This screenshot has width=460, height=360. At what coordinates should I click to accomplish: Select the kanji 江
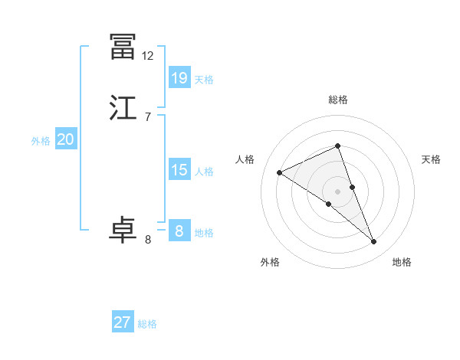(x=123, y=108)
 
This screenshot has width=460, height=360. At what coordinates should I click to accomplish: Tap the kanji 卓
(x=123, y=231)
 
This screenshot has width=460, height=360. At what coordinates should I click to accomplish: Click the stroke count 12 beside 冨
(x=148, y=56)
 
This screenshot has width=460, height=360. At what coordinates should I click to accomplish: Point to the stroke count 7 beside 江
(x=148, y=117)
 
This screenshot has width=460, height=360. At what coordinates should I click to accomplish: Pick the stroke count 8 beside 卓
(x=148, y=240)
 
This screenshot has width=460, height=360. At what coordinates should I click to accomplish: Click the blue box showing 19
(x=179, y=77)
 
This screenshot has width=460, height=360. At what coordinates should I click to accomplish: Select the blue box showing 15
(x=179, y=170)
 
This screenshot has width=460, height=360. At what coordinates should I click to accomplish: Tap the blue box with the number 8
(x=179, y=231)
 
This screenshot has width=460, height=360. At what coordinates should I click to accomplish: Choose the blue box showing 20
(x=65, y=139)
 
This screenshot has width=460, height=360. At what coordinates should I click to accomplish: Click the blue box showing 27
(x=123, y=322)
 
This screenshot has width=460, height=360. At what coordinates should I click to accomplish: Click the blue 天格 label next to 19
(x=204, y=80)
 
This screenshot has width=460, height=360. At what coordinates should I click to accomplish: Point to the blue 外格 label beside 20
(x=41, y=141)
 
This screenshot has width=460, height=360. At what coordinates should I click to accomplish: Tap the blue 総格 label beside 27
(x=147, y=324)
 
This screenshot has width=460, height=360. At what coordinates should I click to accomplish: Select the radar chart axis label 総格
(x=338, y=100)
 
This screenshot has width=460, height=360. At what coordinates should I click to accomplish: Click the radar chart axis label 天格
(x=431, y=159)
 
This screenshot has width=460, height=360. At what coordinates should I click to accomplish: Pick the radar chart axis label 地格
(x=402, y=262)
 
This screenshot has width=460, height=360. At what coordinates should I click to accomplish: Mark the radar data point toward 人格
(x=280, y=173)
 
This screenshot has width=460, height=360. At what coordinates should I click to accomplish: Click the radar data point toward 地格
(x=373, y=242)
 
